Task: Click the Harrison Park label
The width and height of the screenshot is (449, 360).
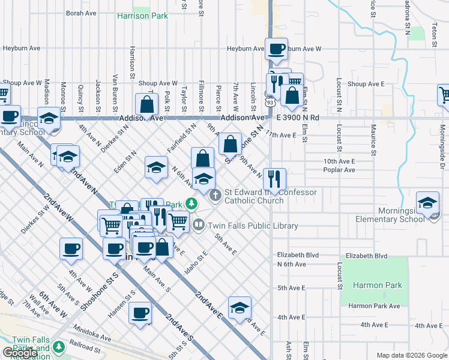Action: pyautogui.click(x=142, y=16)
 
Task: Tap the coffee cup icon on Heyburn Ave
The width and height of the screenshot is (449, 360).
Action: pyautogui.click(x=276, y=49)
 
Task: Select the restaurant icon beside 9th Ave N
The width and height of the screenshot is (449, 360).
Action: pyautogui.click(x=274, y=179)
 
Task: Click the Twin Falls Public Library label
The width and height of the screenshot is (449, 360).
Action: pyautogui.click(x=253, y=226)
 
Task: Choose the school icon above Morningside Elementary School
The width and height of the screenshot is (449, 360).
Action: pyautogui.click(x=428, y=204)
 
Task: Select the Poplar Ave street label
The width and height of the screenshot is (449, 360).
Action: pyautogui.click(x=340, y=170)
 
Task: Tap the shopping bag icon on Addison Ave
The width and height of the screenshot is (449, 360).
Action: pyautogui.click(x=147, y=105)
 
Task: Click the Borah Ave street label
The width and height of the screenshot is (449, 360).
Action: pyautogui.click(x=81, y=13)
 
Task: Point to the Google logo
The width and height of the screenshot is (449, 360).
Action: pyautogui.click(x=21, y=352)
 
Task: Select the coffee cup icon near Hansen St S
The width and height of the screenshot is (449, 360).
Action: pyautogui.click(x=140, y=313)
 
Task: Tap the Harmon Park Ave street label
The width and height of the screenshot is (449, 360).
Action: pyautogui.click(x=374, y=306)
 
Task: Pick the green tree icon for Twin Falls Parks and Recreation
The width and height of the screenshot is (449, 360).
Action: pyautogui.click(x=58, y=347)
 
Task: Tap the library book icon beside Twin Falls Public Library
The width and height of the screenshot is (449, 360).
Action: pyautogui.click(x=199, y=225)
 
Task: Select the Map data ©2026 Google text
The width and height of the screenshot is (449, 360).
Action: pyautogui.click(x=411, y=355)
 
